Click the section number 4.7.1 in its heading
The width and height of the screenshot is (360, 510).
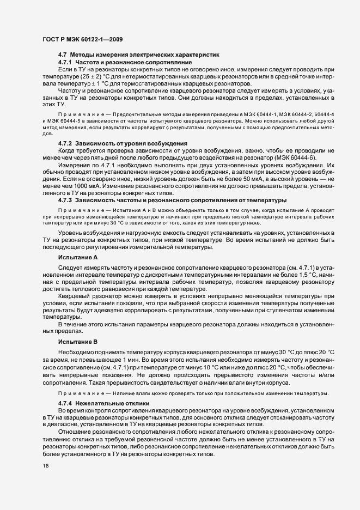(65, 63)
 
